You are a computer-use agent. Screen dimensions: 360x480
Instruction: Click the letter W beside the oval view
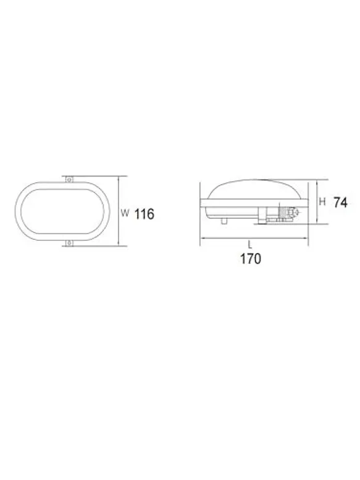pyautogui.click(x=124, y=213)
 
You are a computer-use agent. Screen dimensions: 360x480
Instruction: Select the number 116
pyautogui.click(x=144, y=214)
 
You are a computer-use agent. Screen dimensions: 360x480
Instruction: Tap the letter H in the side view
pyautogui.click(x=322, y=201)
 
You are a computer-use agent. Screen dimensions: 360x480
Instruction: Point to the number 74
pyautogui.click(x=340, y=203)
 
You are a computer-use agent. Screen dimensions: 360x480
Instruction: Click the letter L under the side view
pyautogui.click(x=250, y=245)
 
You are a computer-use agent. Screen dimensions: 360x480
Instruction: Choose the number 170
pyautogui.click(x=251, y=259)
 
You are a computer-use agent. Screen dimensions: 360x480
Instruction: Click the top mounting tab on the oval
pyautogui.click(x=69, y=179)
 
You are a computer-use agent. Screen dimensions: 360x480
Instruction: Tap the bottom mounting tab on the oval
pyautogui.click(x=69, y=243)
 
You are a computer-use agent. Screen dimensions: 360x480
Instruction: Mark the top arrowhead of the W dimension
pyautogui.click(x=119, y=177)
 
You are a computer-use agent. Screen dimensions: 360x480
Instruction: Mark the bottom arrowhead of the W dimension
pyautogui.click(x=119, y=244)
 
